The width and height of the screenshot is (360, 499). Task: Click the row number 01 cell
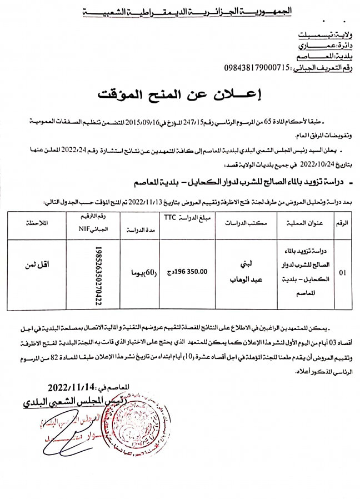342,272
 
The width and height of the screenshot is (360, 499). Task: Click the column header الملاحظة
37,222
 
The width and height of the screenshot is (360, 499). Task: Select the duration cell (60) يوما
140,272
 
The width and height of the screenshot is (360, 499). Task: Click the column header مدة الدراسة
139,228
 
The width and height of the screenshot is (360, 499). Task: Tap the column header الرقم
342,223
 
